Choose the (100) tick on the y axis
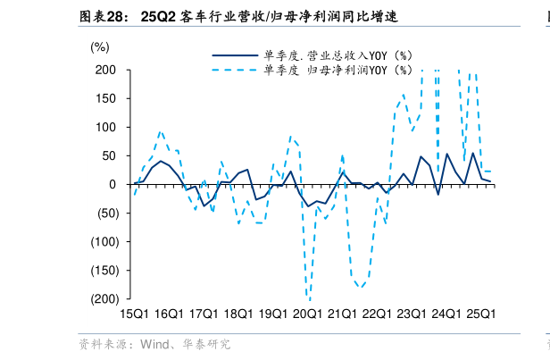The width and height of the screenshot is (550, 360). tap(104, 241)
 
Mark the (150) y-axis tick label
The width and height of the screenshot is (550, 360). tap(104, 270)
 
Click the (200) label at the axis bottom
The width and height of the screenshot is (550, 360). tap(104, 298)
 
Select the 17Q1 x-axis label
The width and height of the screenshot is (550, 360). tap(204, 314)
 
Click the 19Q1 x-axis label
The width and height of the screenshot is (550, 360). tap(272, 314)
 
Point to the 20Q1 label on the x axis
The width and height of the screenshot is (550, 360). tap(307, 314)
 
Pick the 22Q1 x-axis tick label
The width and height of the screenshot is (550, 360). tap(377, 314)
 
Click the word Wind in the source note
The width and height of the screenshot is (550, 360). tap(153, 344)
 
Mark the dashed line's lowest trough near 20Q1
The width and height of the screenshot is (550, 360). tap(308, 297)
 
